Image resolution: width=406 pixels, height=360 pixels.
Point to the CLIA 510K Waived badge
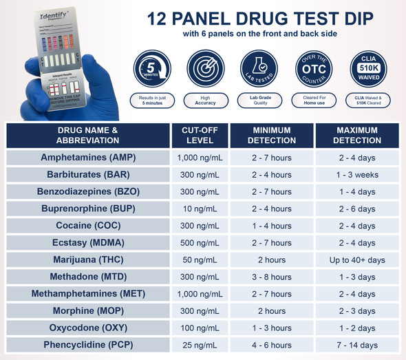(x=368, y=69)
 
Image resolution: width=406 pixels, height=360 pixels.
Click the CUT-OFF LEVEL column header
(x=200, y=135)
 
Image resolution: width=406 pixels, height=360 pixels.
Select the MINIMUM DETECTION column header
(x=271, y=135)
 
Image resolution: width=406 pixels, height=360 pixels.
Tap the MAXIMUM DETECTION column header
(x=357, y=135)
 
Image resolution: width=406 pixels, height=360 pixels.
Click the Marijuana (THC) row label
(x=88, y=260)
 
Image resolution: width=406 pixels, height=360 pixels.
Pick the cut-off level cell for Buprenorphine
(x=200, y=209)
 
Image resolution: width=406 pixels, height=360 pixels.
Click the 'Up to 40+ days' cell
(x=357, y=260)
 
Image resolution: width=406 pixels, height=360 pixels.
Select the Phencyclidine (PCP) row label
(x=88, y=344)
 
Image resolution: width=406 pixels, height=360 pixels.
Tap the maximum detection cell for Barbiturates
(x=357, y=175)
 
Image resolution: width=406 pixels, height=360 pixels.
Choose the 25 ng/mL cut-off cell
(x=200, y=344)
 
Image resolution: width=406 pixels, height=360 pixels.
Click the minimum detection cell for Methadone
(x=271, y=277)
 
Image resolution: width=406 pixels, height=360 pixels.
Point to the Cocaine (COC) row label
(x=88, y=226)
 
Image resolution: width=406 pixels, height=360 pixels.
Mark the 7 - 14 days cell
(x=357, y=344)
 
